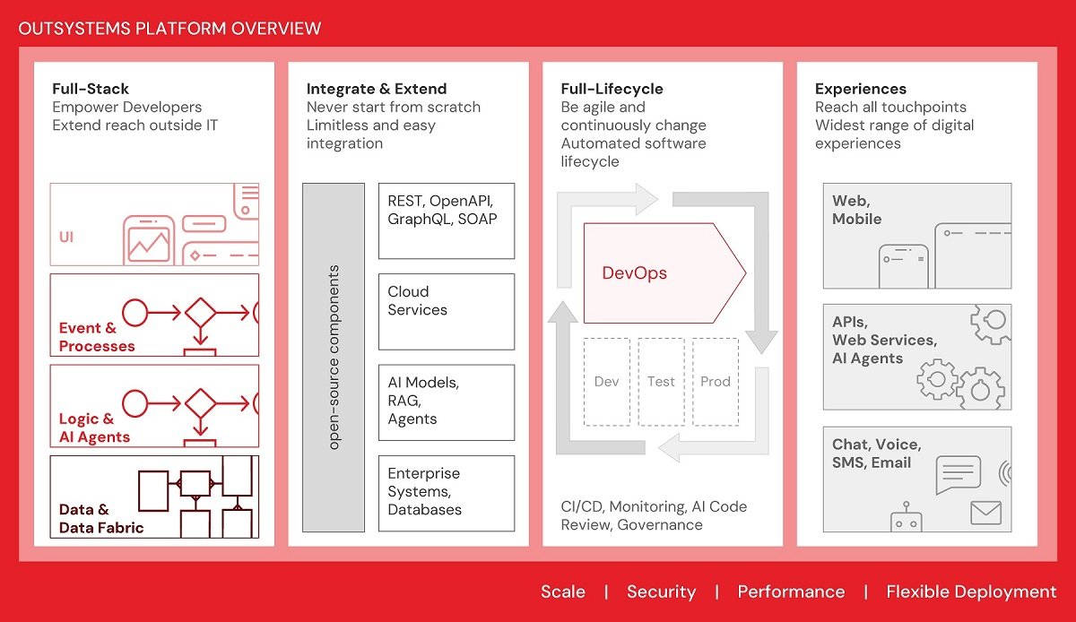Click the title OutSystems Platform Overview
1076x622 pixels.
[169, 28]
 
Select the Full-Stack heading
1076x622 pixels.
[91, 89]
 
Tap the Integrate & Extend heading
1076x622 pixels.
[377, 89]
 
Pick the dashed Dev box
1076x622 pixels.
[607, 382]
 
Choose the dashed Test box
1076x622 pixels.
[661, 382]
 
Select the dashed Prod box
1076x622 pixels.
[716, 382]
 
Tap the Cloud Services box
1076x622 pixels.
[447, 311]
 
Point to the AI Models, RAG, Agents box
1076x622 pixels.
[447, 402]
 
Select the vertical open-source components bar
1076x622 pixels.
[334, 358]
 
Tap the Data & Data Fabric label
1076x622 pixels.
[100, 519]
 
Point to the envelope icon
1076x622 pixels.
[985, 512]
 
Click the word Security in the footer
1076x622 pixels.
[661, 592]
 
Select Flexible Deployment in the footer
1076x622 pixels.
[971, 592]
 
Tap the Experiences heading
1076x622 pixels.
[860, 89]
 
